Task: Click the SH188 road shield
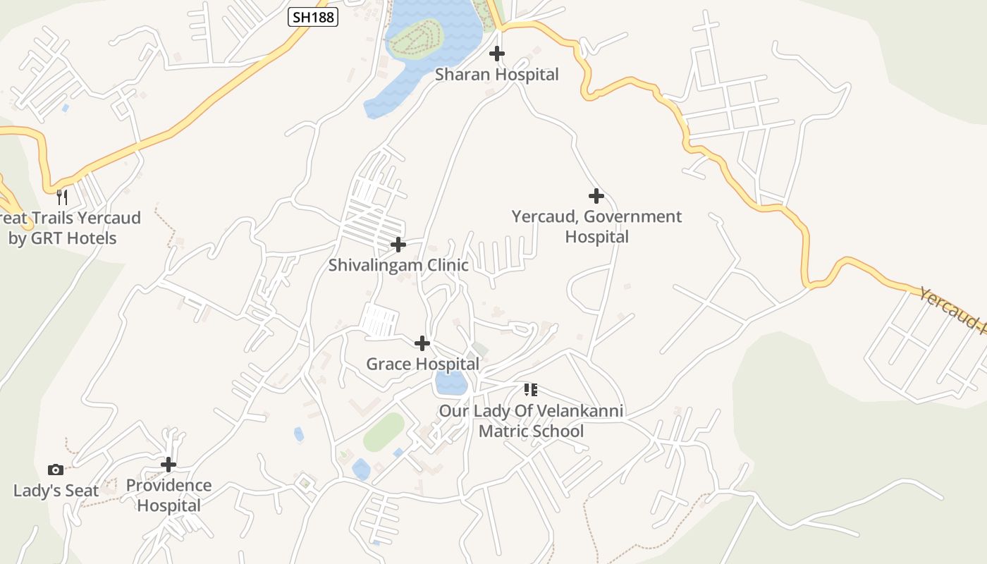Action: tap(313, 17)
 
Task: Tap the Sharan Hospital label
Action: tap(496, 74)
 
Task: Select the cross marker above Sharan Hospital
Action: tap(497, 53)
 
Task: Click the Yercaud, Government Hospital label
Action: tap(596, 226)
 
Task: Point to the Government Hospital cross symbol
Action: tap(596, 195)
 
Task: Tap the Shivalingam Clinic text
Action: tap(398, 265)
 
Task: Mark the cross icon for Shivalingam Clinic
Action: tap(398, 245)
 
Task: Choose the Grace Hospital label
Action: tap(422, 364)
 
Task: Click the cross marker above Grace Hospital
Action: tap(422, 343)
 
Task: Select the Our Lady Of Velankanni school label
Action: tap(531, 420)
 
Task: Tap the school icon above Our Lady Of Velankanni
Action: tap(531, 389)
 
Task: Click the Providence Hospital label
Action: tap(168, 495)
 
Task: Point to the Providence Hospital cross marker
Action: tap(168, 465)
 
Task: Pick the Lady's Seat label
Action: tap(56, 491)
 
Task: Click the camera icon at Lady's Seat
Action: tap(56, 470)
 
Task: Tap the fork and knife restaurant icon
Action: tap(62, 197)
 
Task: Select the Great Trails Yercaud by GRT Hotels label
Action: tap(70, 228)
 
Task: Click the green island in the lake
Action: tap(417, 36)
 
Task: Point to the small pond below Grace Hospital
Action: tap(451, 384)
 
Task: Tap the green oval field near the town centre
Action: tap(384, 431)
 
